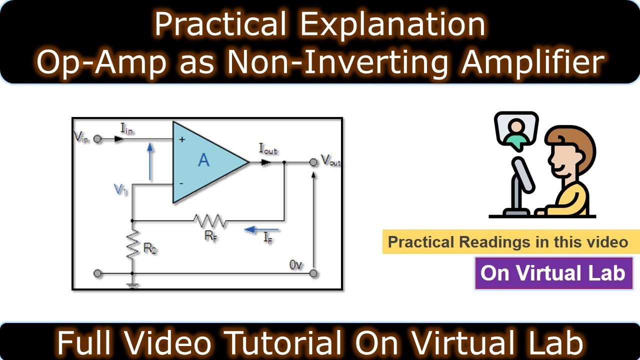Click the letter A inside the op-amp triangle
point(203,161)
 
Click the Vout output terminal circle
point(313,162)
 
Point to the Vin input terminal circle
point(97,139)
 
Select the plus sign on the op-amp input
point(181,140)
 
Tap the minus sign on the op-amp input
point(181,183)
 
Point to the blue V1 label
point(120,190)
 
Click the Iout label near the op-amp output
point(268,148)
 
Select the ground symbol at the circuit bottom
point(132,285)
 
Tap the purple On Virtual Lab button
point(553,273)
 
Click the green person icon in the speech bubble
point(515,131)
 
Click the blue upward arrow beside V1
point(150,161)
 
